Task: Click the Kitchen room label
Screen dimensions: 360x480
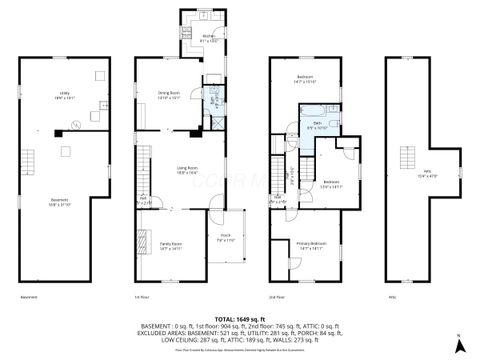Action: click(209, 38)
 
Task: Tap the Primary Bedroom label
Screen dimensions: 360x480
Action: click(309, 245)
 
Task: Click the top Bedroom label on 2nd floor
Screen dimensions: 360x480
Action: click(305, 78)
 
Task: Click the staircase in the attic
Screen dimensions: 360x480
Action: click(408, 157)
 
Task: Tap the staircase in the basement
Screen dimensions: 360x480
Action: click(30, 159)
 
